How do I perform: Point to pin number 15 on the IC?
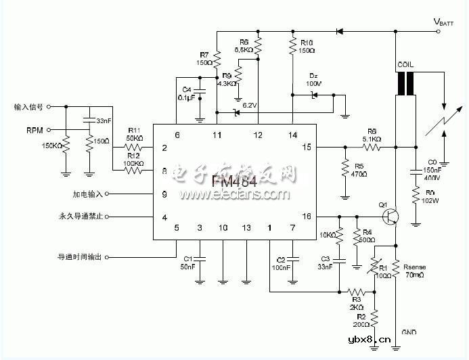point(307,147)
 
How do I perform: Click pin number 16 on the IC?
point(307,217)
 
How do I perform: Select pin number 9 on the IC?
point(164,194)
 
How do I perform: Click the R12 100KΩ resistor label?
point(134,160)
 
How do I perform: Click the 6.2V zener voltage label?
point(249,106)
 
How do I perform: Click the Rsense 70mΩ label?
point(414,271)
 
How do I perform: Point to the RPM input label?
point(36,129)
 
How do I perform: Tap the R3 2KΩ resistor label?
point(357,301)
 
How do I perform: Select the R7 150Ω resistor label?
point(204,58)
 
